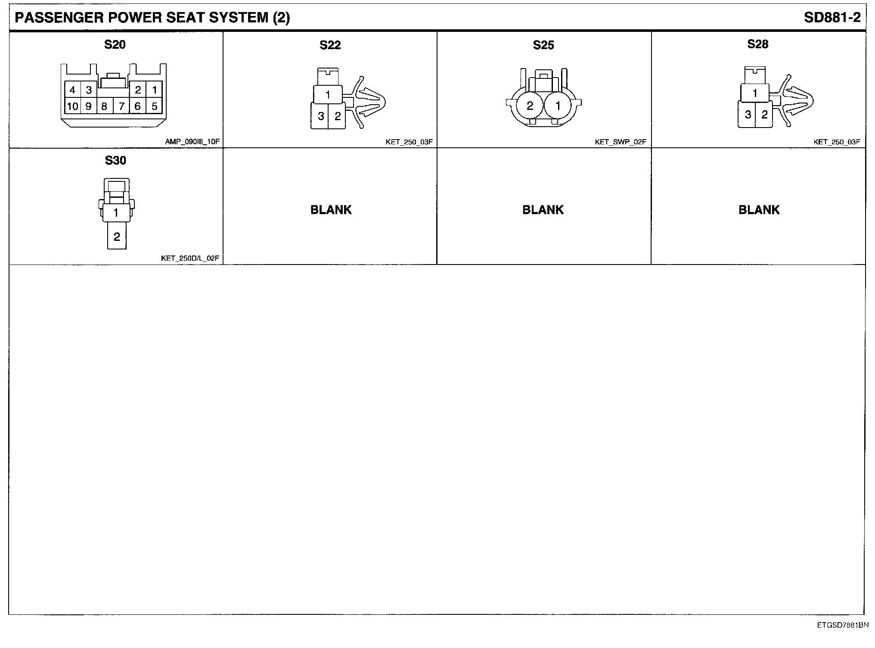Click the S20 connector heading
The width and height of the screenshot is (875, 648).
point(115,44)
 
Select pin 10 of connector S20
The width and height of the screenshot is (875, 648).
point(72,106)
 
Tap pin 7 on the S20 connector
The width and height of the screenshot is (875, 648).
point(122,106)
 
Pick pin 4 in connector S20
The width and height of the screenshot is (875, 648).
point(72,90)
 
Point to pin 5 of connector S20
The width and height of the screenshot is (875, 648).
point(154,106)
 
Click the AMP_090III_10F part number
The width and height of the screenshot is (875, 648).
point(192,141)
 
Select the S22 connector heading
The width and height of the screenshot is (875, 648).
point(330,45)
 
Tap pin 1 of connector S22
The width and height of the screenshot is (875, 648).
point(328,94)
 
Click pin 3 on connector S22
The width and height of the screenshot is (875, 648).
point(321,116)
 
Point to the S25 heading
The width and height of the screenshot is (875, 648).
point(543,45)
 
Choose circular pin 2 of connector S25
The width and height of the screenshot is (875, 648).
point(530,106)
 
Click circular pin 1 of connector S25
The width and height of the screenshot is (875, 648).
point(558,106)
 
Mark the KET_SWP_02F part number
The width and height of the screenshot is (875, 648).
point(621,142)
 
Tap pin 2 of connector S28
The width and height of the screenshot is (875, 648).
point(765,115)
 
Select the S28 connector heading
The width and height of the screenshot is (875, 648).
point(758,44)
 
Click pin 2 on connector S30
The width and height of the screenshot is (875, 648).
point(117,237)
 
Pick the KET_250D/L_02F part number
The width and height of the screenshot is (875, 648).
point(190,259)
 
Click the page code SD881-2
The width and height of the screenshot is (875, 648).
point(832,18)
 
